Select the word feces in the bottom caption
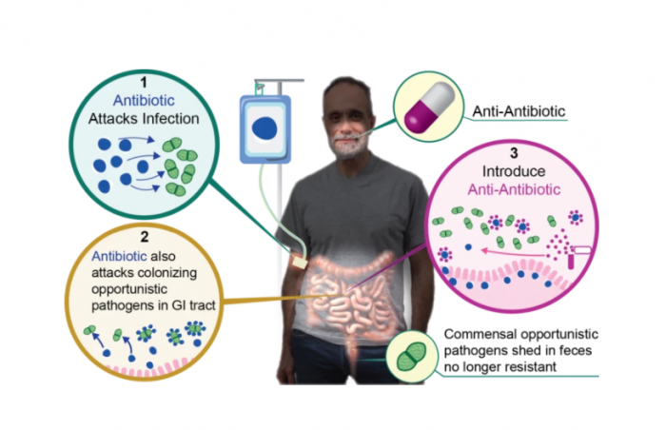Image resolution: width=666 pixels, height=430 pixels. [x=587, y=354]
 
